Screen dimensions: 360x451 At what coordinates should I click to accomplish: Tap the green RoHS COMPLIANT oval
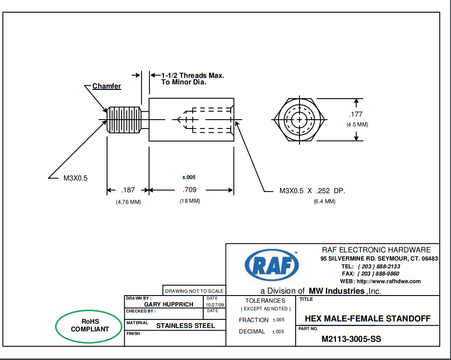(x=89, y=325)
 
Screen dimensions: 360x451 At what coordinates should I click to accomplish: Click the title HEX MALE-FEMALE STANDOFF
(x=367, y=319)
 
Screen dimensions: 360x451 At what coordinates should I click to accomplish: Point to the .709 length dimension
(x=190, y=190)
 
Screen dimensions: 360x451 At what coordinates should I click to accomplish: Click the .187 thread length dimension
(x=128, y=190)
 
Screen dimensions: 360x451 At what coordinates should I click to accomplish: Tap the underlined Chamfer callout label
(x=107, y=86)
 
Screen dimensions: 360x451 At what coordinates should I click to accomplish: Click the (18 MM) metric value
(x=190, y=201)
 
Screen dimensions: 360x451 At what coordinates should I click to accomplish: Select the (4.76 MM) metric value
(x=128, y=202)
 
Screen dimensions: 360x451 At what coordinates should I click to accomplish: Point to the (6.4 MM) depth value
(x=324, y=201)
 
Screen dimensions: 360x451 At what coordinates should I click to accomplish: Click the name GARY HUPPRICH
(x=169, y=304)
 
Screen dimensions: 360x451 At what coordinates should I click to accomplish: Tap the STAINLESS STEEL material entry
(x=185, y=325)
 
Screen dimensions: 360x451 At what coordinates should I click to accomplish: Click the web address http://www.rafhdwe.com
(x=388, y=281)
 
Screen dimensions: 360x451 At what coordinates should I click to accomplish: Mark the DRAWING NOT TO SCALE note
(x=194, y=291)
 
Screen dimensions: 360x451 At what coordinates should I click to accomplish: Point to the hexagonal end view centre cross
(x=299, y=120)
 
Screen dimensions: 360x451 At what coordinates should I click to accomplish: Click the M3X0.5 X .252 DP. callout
(x=312, y=191)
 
